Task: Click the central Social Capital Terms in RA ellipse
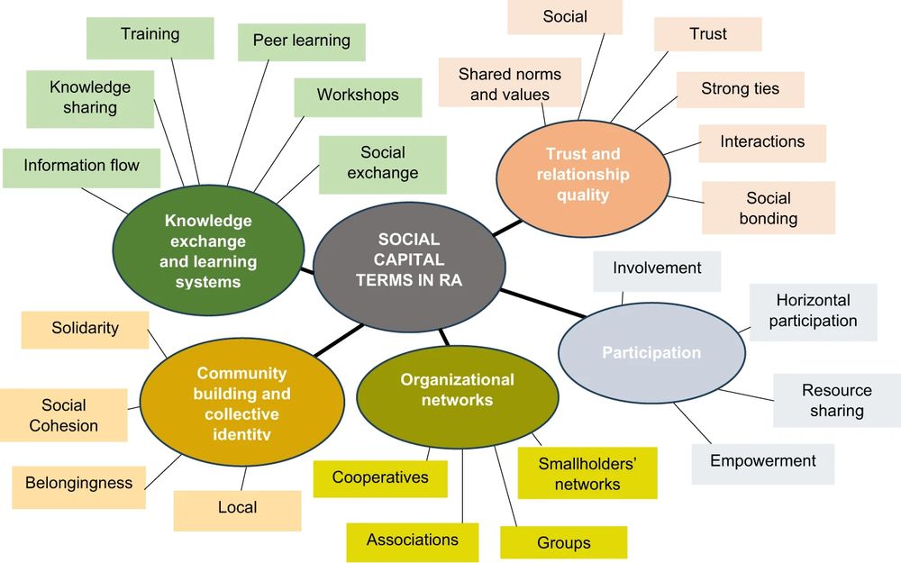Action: coord(408,259)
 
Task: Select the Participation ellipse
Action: coord(651,352)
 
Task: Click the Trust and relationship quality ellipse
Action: coord(583,174)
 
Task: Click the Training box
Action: coord(150,35)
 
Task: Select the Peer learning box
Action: coord(301,41)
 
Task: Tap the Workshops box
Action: coord(357,95)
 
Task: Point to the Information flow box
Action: coord(81,166)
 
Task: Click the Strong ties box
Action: coord(740,89)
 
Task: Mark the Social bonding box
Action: coord(768,208)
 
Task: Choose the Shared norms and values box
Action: coord(509,84)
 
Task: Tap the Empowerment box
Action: coord(762,461)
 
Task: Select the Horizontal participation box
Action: coord(813,311)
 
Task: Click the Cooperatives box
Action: coord(379,477)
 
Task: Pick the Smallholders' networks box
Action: coord(587,474)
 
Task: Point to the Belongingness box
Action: coord(78,484)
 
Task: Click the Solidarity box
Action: coord(85,329)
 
